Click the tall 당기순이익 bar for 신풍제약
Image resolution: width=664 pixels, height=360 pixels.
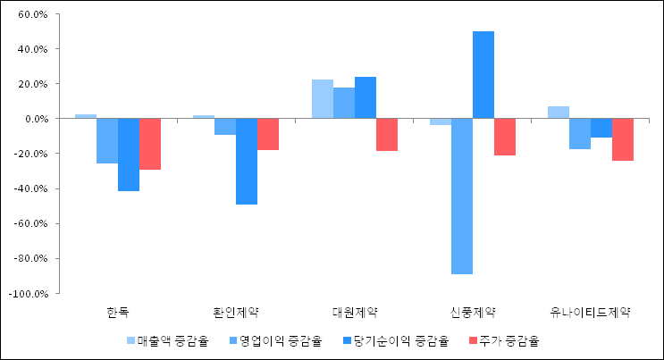[483, 75]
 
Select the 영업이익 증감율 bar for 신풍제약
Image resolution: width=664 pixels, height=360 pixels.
[462, 196]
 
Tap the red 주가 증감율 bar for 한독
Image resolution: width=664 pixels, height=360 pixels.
[150, 144]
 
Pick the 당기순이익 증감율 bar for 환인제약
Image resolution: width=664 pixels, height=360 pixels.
[247, 162]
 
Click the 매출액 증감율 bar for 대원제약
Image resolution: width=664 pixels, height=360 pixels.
[323, 99]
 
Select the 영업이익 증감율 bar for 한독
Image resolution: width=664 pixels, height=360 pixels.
[107, 141]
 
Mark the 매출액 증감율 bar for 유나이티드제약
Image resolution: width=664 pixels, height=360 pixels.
[559, 113]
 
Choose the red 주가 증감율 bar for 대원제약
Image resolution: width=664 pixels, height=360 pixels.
[387, 135]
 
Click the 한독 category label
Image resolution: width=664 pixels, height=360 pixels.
[117, 312]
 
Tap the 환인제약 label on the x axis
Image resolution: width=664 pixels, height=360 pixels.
[236, 312]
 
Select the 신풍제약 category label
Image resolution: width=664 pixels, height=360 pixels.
[473, 312]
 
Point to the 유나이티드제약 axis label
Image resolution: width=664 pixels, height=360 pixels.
[591, 312]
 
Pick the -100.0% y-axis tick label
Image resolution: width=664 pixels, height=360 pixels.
[34, 293]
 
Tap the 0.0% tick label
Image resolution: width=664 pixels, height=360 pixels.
[41, 119]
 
